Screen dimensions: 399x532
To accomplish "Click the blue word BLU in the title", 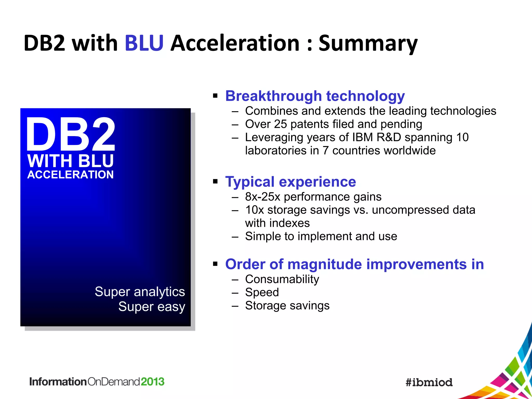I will click(144, 43).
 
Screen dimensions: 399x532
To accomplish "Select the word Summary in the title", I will click(368, 43).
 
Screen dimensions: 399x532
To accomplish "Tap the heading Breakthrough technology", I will click(315, 96).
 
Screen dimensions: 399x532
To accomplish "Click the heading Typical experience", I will click(290, 182).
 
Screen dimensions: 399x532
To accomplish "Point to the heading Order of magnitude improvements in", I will click(354, 264).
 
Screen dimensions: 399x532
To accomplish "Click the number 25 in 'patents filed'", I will click(280, 124).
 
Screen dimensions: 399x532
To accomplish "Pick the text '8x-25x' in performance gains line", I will click(263, 197).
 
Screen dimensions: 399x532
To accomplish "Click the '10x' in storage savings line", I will click(254, 210).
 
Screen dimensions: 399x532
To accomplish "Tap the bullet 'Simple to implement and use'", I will click(321, 236).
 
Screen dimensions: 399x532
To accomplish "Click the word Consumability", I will click(282, 279).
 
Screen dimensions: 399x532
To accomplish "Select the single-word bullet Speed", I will click(262, 292).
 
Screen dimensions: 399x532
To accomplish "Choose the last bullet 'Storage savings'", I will click(287, 306).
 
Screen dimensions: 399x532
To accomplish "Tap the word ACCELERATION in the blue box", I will click(70, 175).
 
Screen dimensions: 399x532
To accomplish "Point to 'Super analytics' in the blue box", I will click(140, 291).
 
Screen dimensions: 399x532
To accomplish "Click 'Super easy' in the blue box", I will click(152, 307).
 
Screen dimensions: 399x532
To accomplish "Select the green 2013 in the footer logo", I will click(152, 382).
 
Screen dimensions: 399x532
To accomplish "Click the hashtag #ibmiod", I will click(429, 382).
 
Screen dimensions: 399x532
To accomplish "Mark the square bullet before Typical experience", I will click(215, 181).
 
